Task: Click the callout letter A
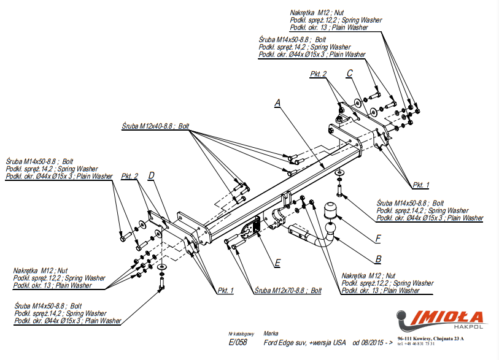[278, 103]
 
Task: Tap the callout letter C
[349, 73]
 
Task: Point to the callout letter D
[151, 175]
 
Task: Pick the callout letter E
[277, 263]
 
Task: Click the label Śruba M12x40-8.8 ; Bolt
[155, 126]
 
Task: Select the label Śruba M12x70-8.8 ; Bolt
[288, 291]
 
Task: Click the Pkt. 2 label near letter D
[130, 176]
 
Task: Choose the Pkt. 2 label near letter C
[318, 74]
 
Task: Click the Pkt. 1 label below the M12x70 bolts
[225, 291]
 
